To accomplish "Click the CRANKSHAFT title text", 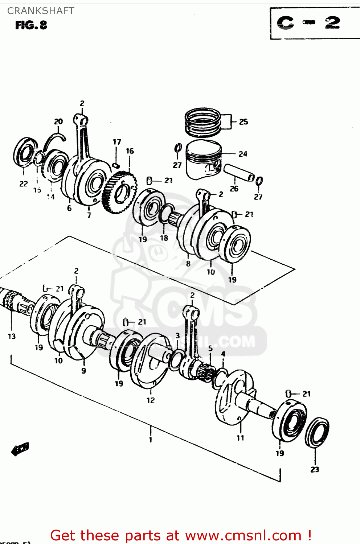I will pyautogui.click(x=41, y=11).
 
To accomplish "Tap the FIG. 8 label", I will pyautogui.click(x=31, y=25).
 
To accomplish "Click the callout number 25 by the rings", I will pyautogui.click(x=244, y=122).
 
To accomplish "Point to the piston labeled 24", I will pyautogui.click(x=204, y=160).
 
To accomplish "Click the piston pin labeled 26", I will pyautogui.click(x=239, y=172).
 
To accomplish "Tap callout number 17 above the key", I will pyautogui.click(x=117, y=142).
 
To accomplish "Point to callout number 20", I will pyautogui.click(x=58, y=121).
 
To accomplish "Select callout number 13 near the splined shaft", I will pyautogui.click(x=12, y=336).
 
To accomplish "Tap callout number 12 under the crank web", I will pyautogui.click(x=151, y=400).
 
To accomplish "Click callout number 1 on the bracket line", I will pyautogui.click(x=151, y=440).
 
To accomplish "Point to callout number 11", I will pyautogui.click(x=240, y=438).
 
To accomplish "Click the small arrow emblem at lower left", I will pyautogui.click(x=20, y=449).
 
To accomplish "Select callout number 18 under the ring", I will pyautogui.click(x=164, y=238).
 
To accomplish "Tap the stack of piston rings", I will pyautogui.click(x=202, y=122).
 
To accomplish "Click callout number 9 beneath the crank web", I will pyautogui.click(x=84, y=371).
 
